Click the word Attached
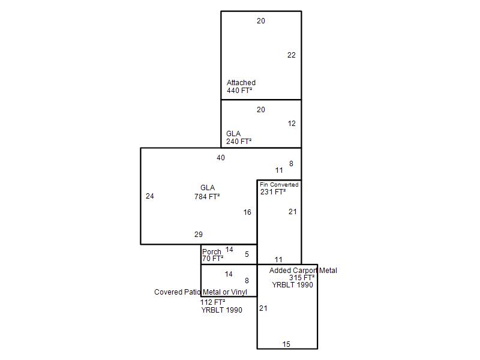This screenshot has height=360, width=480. (241, 83)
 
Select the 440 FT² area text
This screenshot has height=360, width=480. (239, 91)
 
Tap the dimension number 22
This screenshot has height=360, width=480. (292, 55)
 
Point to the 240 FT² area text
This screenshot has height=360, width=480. (239, 142)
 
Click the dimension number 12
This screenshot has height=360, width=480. (292, 124)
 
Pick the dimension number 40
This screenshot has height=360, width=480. (221, 158)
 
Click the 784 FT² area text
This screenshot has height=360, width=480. (207, 197)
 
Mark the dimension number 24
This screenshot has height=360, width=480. (149, 196)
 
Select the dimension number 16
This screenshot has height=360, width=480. (247, 212)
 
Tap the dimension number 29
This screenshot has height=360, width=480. (199, 235)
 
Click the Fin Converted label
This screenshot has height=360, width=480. (279, 185)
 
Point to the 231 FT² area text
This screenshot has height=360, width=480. (273, 192)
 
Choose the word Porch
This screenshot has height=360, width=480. (212, 251)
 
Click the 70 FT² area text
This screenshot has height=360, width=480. (212, 259)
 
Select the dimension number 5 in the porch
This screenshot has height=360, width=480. (247, 254)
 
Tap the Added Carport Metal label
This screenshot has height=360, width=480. (303, 271)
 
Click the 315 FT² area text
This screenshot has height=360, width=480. (302, 278)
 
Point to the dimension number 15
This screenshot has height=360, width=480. (286, 344)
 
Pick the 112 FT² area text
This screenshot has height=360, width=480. (213, 302)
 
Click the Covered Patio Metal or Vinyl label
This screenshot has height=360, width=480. (200, 292)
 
